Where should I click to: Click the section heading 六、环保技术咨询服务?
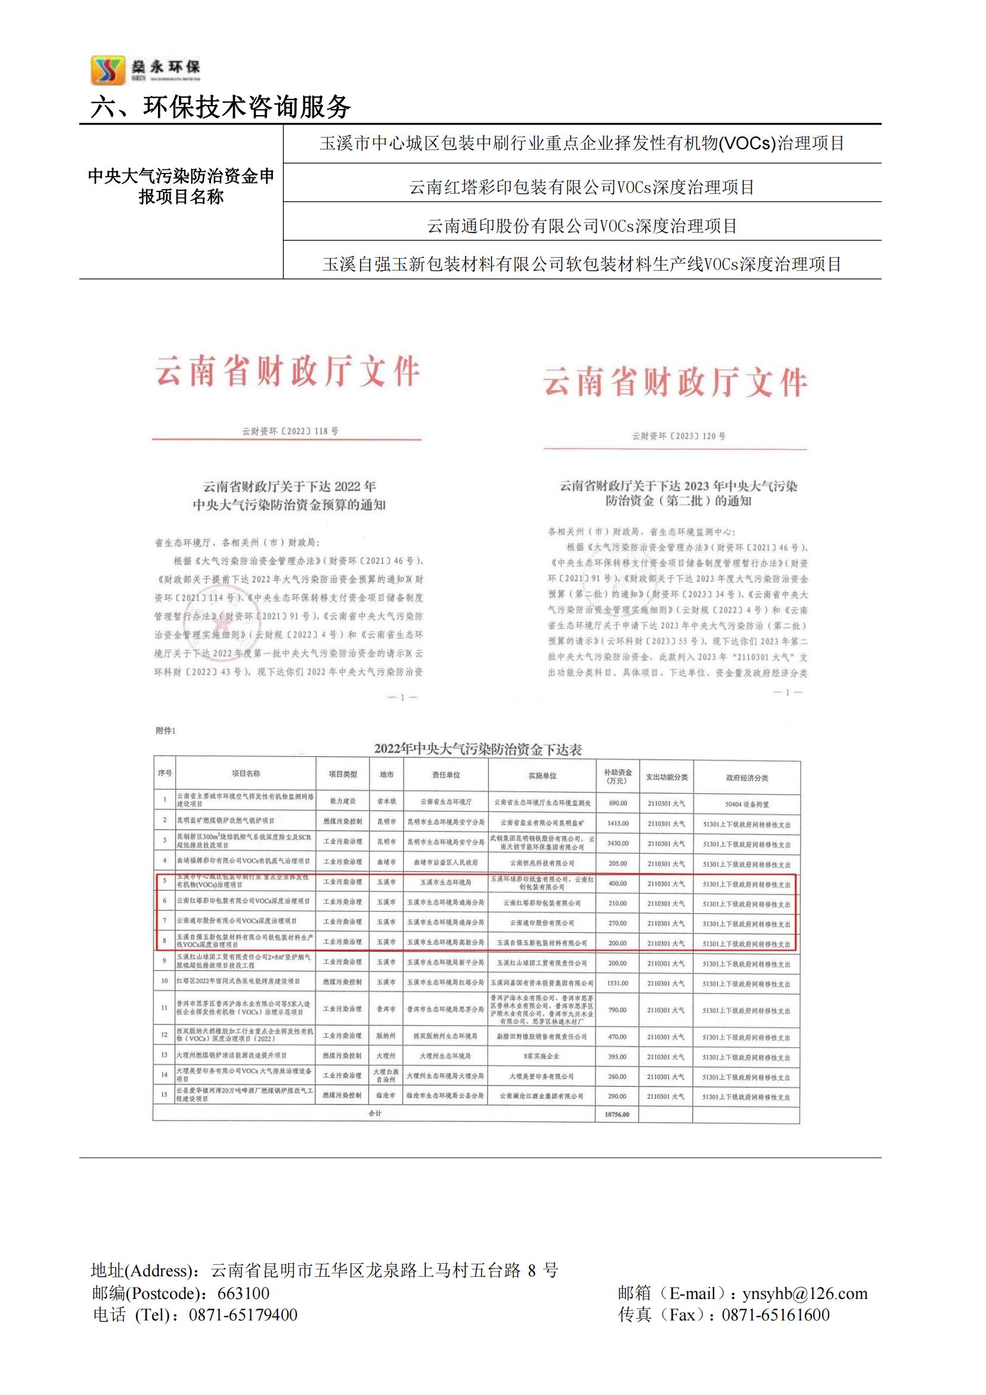(x=221, y=107)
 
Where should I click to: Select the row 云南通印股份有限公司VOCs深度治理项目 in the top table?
(x=582, y=226)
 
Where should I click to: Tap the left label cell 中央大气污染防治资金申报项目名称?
(x=181, y=187)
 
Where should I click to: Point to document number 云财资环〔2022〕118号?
(x=290, y=431)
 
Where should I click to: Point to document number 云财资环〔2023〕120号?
(x=679, y=436)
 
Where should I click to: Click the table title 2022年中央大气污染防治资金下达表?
(x=478, y=749)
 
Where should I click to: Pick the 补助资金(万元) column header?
(x=618, y=776)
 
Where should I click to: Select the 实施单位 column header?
(x=541, y=776)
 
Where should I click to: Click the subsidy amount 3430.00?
(x=618, y=843)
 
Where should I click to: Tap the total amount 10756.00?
(x=617, y=1115)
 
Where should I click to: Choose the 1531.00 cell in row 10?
(x=618, y=982)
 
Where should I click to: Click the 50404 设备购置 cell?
(x=746, y=804)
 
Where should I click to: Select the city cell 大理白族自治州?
(x=386, y=1075)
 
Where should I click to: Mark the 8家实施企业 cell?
(x=541, y=1057)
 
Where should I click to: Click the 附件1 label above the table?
(x=165, y=731)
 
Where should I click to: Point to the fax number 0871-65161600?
(x=776, y=1315)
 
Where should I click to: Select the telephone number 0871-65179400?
(x=243, y=1315)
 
